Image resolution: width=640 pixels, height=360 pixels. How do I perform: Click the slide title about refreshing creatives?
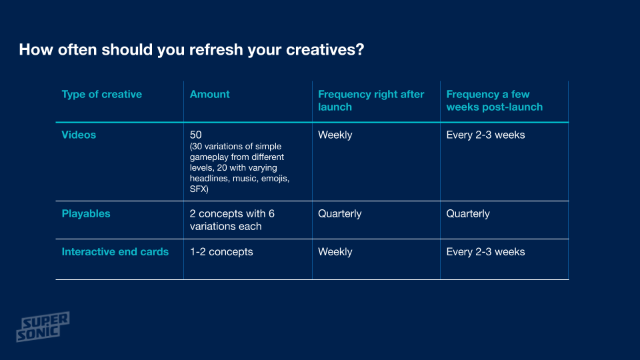pyautogui.click(x=191, y=50)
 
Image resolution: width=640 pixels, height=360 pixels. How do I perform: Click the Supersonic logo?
pyautogui.click(x=43, y=327)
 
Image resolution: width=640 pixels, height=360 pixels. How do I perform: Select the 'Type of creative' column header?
pyautogui.click(x=101, y=94)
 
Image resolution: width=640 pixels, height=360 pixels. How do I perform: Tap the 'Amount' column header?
pyautogui.click(x=209, y=94)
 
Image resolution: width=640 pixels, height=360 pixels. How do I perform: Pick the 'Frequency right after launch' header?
pyautogui.click(x=371, y=101)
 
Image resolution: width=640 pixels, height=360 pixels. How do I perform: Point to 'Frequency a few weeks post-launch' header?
pyautogui.click(x=494, y=101)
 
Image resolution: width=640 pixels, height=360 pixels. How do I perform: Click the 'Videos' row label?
pyautogui.click(x=79, y=135)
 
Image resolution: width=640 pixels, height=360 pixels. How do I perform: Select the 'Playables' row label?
pyautogui.click(x=86, y=213)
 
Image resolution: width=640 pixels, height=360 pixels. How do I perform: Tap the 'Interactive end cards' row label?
pyautogui.click(x=115, y=251)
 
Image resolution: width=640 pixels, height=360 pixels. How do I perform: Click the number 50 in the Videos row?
pyautogui.click(x=195, y=135)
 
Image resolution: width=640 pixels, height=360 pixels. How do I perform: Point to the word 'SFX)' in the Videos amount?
pyautogui.click(x=199, y=189)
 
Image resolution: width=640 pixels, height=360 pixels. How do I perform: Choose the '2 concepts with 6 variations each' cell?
pyautogui.click(x=232, y=219)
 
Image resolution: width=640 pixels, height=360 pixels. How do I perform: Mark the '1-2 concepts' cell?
pyautogui.click(x=221, y=252)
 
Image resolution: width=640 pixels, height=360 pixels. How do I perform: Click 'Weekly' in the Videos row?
pyautogui.click(x=335, y=135)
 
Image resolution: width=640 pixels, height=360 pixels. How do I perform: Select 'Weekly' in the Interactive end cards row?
pyautogui.click(x=335, y=252)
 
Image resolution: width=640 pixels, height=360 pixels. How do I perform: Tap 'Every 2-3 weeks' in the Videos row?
pyautogui.click(x=485, y=135)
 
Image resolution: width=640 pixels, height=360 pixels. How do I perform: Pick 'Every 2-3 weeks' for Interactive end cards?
pyautogui.click(x=485, y=252)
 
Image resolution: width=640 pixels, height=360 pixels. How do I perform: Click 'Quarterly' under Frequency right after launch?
pyautogui.click(x=339, y=214)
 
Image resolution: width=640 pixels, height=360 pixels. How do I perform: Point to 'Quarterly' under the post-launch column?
pyautogui.click(x=468, y=214)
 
